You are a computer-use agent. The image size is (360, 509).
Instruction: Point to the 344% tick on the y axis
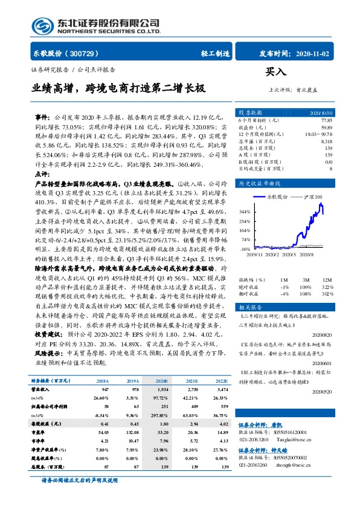[244, 212]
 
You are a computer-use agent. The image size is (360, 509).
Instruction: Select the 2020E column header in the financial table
[162, 381]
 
